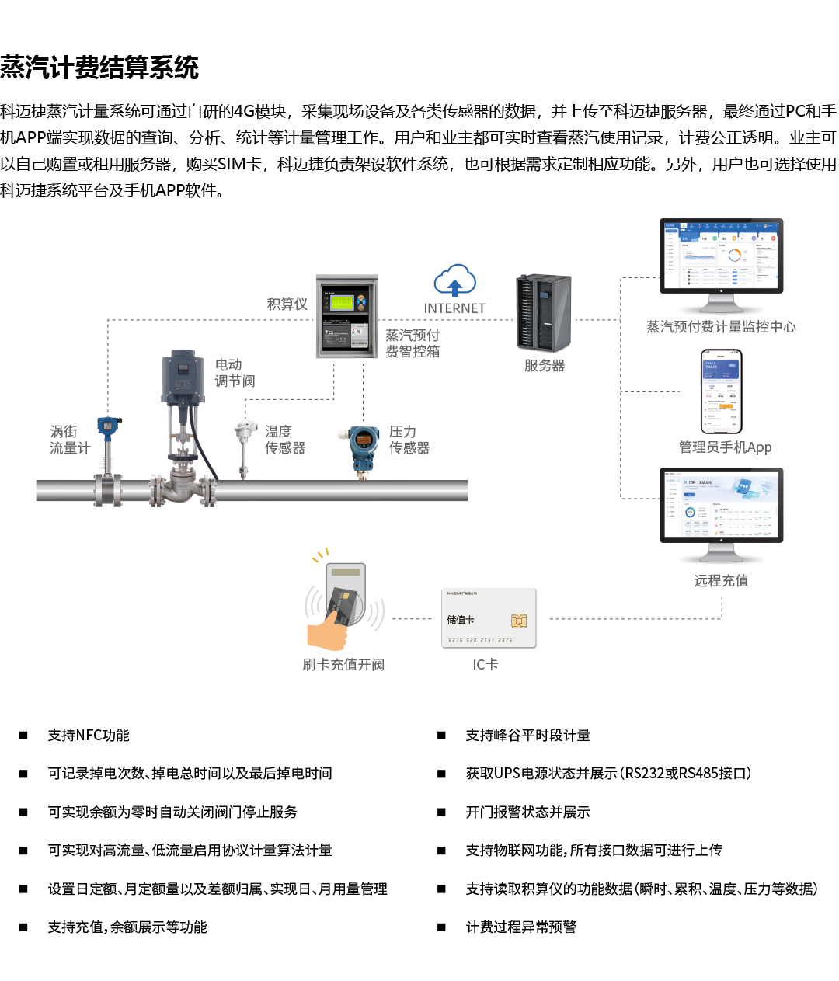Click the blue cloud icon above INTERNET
tap(454, 280)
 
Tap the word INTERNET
tap(454, 308)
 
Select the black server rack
tap(544, 312)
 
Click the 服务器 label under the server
tap(545, 366)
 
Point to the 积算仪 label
tap(287, 304)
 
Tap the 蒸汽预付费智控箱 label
tap(413, 343)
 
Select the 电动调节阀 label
tap(235, 373)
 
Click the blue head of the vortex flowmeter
tap(109, 425)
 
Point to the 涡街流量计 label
tap(70, 440)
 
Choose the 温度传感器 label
tap(285, 440)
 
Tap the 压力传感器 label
tap(409, 440)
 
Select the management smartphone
tap(722, 391)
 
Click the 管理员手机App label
tap(725, 447)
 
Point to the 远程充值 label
tap(721, 581)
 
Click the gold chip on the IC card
tap(519, 621)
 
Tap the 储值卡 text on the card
tap(461, 620)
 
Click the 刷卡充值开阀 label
tap(343, 665)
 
